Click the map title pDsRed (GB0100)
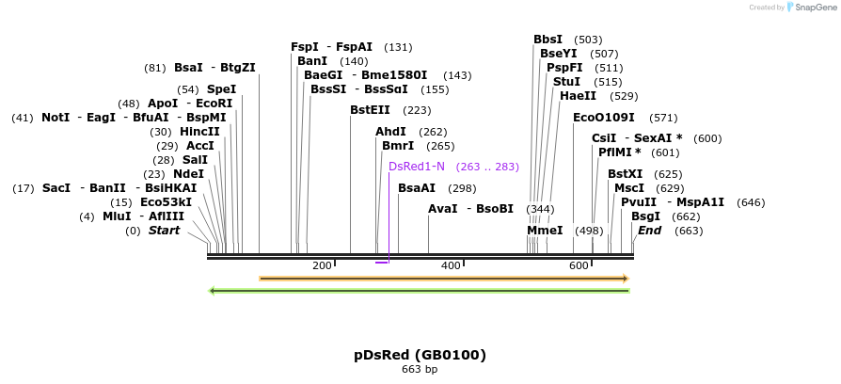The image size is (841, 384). [x=420, y=355]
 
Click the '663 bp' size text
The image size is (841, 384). [x=420, y=370]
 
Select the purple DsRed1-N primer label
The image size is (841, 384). [x=416, y=167]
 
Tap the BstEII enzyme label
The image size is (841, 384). [x=371, y=110]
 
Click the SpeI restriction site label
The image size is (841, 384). [x=221, y=89]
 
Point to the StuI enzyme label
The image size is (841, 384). [x=566, y=82]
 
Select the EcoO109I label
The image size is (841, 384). [x=603, y=118]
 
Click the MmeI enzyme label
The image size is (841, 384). [x=545, y=231]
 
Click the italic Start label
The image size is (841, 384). [x=164, y=231]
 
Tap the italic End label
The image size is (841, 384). [x=649, y=231]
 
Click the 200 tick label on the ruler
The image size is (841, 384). [x=322, y=266]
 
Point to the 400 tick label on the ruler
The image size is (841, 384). [x=451, y=266]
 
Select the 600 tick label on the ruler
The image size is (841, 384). [x=579, y=266]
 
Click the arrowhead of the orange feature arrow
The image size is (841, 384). [x=625, y=279]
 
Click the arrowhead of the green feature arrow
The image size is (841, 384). [x=213, y=291]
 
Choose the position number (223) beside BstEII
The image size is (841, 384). [x=417, y=110]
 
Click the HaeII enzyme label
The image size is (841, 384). [x=578, y=96]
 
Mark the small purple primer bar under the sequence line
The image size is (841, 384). [x=381, y=263]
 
